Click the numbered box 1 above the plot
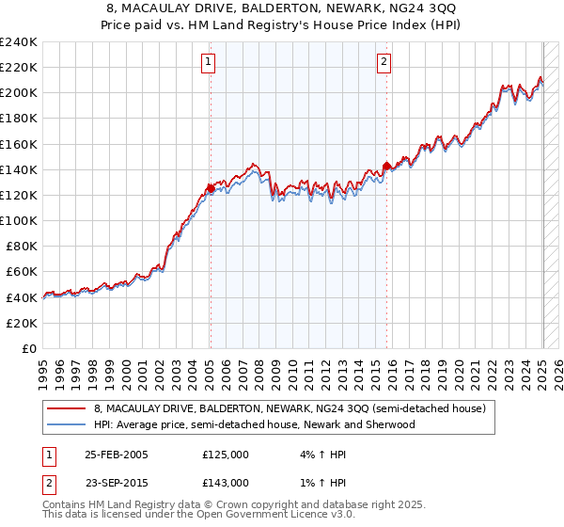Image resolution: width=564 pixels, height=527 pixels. click(x=208, y=63)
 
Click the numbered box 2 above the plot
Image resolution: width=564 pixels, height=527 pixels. click(x=384, y=63)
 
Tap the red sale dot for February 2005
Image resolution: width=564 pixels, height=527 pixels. click(x=211, y=188)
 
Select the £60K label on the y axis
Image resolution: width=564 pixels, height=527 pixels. click(x=22, y=271)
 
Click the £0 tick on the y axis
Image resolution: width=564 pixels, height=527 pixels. click(x=30, y=348)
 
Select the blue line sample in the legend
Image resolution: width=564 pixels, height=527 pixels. click(x=66, y=424)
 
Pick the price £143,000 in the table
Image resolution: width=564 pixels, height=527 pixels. click(x=226, y=482)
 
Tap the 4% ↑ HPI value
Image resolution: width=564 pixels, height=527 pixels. click(x=322, y=455)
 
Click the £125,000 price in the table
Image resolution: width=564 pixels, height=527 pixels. click(x=226, y=455)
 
